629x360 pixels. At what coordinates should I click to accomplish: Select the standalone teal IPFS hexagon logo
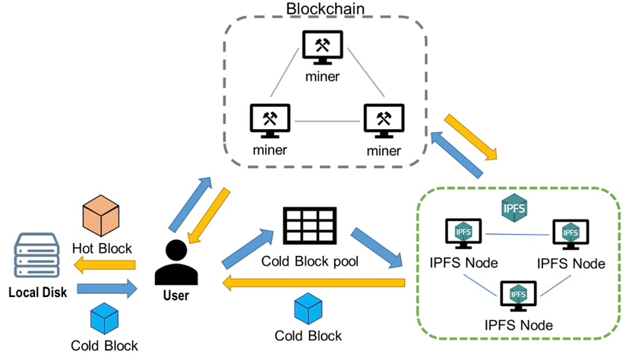click(x=516, y=208)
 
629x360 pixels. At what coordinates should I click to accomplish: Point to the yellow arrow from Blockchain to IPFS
click(x=470, y=138)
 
